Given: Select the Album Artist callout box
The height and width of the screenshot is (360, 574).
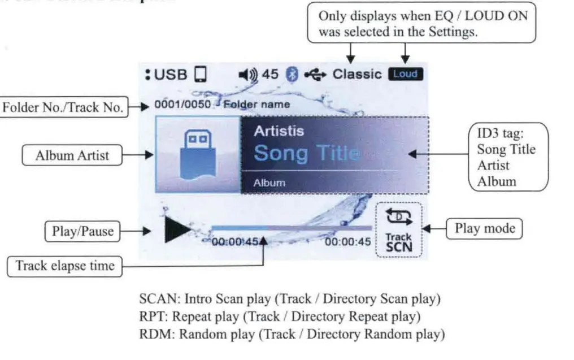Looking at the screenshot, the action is pos(72,155).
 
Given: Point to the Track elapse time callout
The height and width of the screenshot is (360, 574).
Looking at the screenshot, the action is pos(65,266).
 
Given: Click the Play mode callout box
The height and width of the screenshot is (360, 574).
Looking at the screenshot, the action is pos(484,228).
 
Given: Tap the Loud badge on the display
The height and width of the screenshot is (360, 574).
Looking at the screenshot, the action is pos(405,74).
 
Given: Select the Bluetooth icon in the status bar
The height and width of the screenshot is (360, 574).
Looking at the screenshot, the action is pos(292,74).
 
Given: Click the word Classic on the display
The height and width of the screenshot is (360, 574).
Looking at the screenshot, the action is pos(357,74).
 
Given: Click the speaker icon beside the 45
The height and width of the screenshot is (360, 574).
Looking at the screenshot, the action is pos(249,74).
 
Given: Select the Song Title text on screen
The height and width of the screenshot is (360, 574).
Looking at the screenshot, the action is pos(306,153).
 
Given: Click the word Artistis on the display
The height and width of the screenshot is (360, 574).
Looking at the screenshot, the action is pos(279,131).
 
